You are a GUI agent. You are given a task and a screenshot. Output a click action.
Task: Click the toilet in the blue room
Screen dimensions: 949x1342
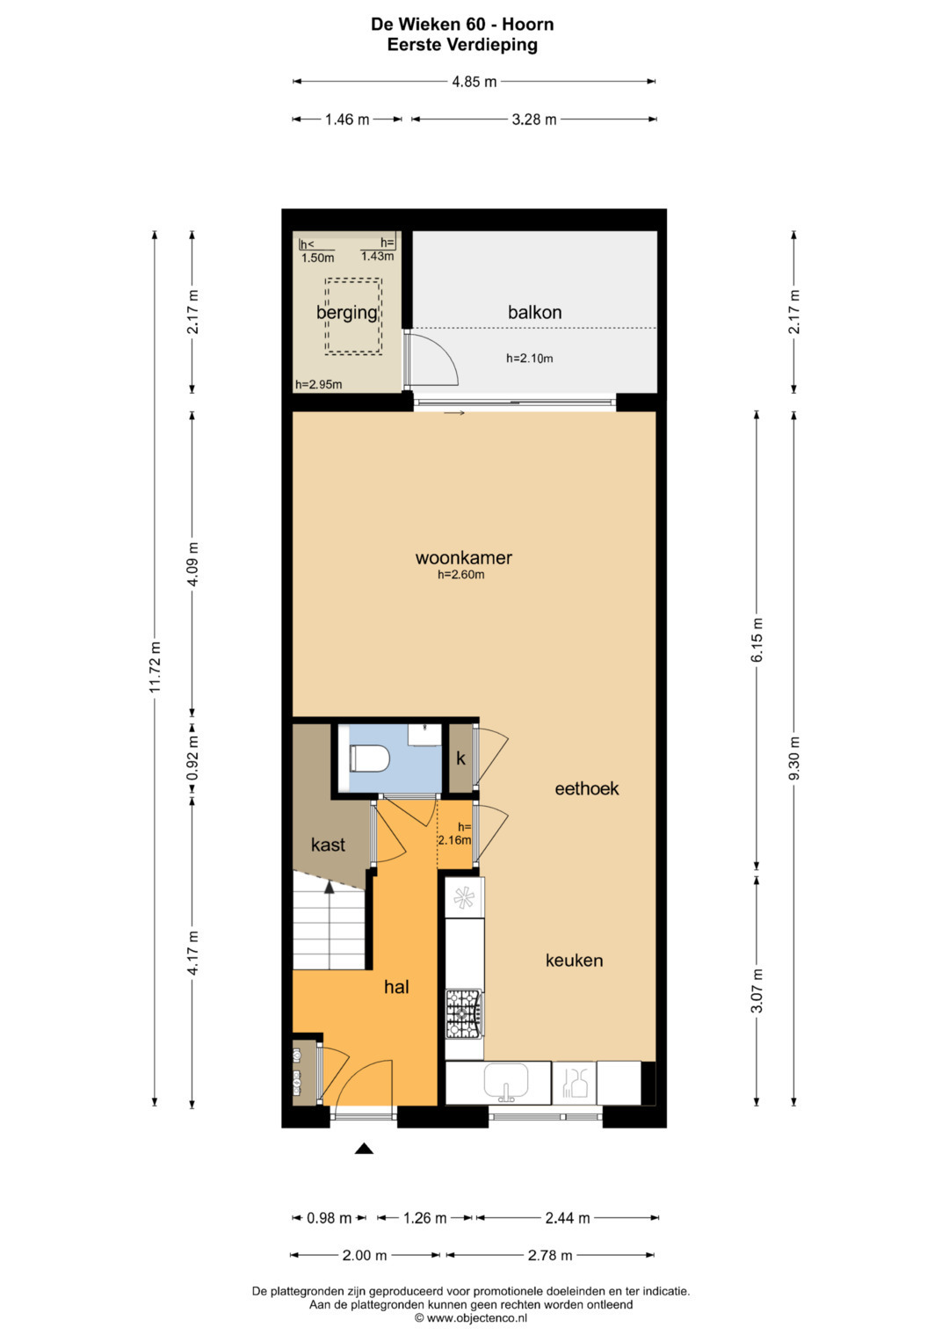pyautogui.click(x=369, y=758)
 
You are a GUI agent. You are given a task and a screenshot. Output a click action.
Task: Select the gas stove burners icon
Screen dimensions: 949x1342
pyautogui.click(x=464, y=1013)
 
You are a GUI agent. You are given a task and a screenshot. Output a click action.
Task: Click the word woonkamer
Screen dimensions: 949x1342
pyautogui.click(x=464, y=558)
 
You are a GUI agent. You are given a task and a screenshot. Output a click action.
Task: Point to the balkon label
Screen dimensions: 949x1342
pyautogui.click(x=534, y=312)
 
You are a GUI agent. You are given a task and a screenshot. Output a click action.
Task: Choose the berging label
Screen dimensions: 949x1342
pyautogui.click(x=347, y=313)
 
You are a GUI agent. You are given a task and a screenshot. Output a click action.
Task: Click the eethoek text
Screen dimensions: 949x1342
pyautogui.click(x=587, y=788)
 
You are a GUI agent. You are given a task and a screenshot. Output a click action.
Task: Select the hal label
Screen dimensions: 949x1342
pyautogui.click(x=396, y=987)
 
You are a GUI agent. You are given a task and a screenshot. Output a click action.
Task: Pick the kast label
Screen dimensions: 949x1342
pyautogui.click(x=328, y=845)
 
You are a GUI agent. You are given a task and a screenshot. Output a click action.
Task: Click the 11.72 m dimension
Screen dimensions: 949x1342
pyautogui.click(x=156, y=667)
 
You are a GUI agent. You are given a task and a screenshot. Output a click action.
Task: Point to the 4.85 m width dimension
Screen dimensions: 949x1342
pyautogui.click(x=474, y=82)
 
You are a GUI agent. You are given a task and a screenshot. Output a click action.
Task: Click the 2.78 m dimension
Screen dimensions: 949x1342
pyautogui.click(x=550, y=1255)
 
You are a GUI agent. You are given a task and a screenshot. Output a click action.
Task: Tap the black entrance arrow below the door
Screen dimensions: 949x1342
pyautogui.click(x=365, y=1149)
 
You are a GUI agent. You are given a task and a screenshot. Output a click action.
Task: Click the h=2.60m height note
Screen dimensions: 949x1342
pyautogui.click(x=460, y=575)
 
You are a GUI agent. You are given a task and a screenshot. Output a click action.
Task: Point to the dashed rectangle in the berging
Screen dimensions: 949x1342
pyautogui.click(x=353, y=316)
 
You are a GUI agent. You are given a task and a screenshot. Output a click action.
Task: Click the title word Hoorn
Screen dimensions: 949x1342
pyautogui.click(x=528, y=25)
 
